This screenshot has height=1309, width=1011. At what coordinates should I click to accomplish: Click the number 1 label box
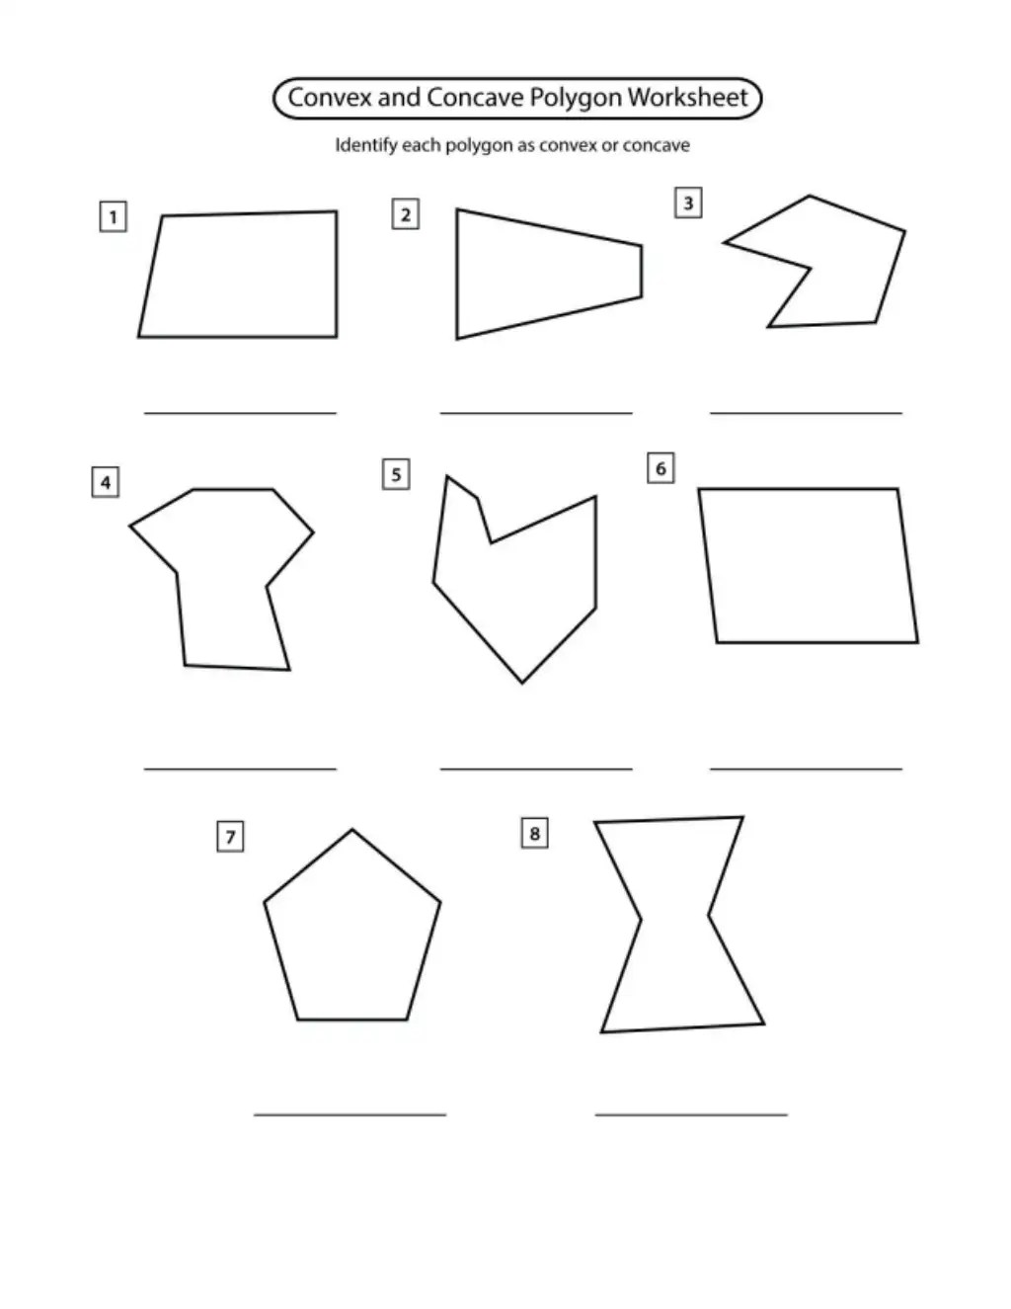point(114,216)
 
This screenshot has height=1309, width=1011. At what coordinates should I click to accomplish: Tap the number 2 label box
point(406,213)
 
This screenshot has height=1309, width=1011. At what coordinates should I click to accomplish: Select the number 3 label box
point(688,203)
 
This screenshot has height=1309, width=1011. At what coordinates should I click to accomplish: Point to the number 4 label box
point(106,482)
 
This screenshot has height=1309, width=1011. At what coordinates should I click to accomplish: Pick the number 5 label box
point(396,474)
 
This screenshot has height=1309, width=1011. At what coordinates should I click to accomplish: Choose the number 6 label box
point(661,468)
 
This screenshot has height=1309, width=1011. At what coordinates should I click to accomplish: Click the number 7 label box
point(230,836)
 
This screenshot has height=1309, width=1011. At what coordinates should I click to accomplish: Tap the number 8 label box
point(534,833)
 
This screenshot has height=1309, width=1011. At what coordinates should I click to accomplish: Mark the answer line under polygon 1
point(240,413)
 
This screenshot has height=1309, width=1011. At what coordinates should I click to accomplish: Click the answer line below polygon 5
point(536,769)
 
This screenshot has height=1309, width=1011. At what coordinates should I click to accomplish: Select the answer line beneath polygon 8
point(691,1115)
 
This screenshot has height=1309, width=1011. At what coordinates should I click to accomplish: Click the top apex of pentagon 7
point(352,830)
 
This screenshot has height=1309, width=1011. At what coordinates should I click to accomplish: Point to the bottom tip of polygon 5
point(521,683)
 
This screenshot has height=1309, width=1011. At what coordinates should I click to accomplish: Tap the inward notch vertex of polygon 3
point(810,268)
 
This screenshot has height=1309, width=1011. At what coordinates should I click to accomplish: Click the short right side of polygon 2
point(642,271)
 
